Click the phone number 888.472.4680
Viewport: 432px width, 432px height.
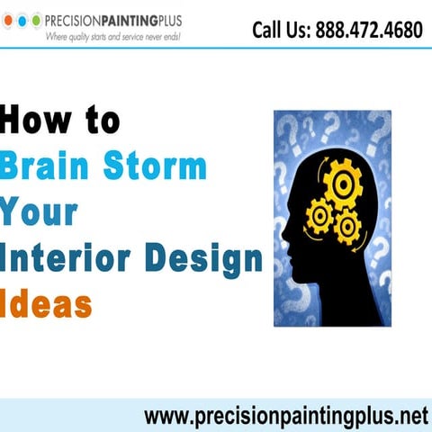coord(369,31)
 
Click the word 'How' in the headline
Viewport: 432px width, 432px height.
coord(36,120)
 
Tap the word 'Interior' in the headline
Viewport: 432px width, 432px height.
coord(68,259)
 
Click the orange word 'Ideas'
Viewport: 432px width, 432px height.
coord(47,305)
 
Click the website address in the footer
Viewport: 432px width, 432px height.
coord(284,416)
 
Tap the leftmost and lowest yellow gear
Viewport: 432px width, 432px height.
coord(319,216)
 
